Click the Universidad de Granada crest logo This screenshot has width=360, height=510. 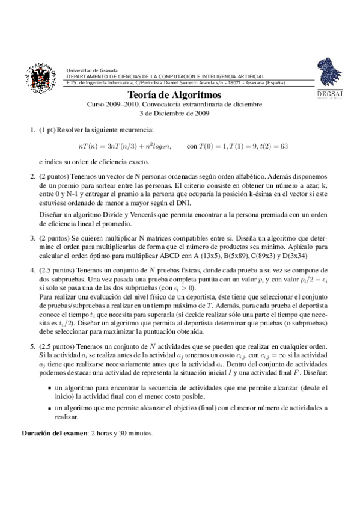pyautogui.click(x=40, y=78)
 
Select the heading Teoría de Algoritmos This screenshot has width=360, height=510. pyautogui.click(x=175, y=95)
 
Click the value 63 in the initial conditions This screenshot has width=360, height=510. pyautogui.click(x=284, y=146)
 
